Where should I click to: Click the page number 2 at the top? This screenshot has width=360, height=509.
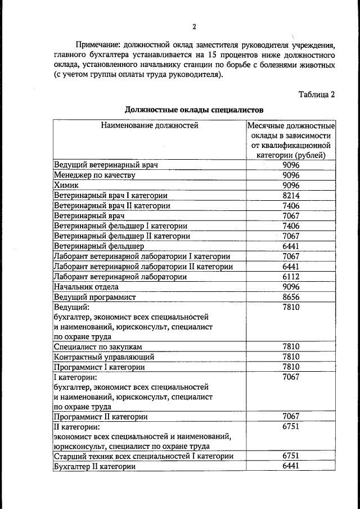(193, 26)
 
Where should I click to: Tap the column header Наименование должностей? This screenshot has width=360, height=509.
(150, 125)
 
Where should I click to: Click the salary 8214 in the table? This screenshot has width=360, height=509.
(291, 195)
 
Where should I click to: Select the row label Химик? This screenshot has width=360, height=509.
(66, 185)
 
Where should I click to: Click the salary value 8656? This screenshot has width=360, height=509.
(291, 296)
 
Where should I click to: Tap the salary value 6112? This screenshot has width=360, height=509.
(291, 276)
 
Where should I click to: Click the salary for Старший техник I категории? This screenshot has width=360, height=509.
(291, 456)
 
